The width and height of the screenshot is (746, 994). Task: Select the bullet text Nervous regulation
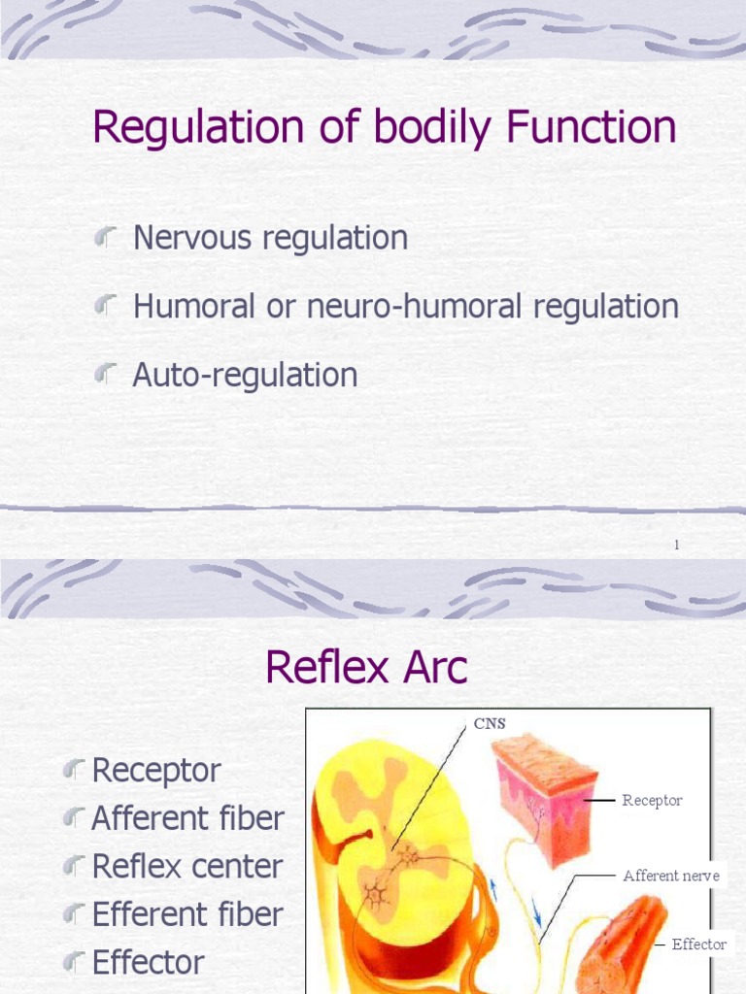pos(270,238)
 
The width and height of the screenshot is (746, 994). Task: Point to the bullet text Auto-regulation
pos(245,375)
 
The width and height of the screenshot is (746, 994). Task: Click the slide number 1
pos(677,546)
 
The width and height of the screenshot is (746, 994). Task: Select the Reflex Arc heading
pos(366,668)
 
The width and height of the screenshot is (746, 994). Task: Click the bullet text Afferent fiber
pos(187,818)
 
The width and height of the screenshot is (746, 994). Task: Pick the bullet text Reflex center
pos(187,866)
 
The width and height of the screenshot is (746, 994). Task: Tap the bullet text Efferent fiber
pos(187,913)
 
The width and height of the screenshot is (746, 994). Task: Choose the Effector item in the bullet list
pos(148,962)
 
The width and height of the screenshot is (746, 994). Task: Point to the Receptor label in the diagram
pos(652,801)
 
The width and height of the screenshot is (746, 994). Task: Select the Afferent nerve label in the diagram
pos(671,876)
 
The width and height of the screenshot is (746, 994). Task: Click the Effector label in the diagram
pos(698,944)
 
